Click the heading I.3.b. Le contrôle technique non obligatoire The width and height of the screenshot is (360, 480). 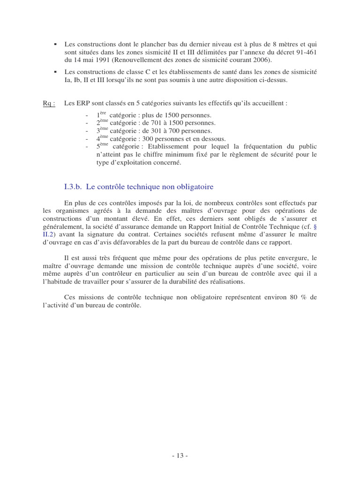(x=139, y=187)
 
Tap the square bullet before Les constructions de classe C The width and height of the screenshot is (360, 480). (x=55, y=72)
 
